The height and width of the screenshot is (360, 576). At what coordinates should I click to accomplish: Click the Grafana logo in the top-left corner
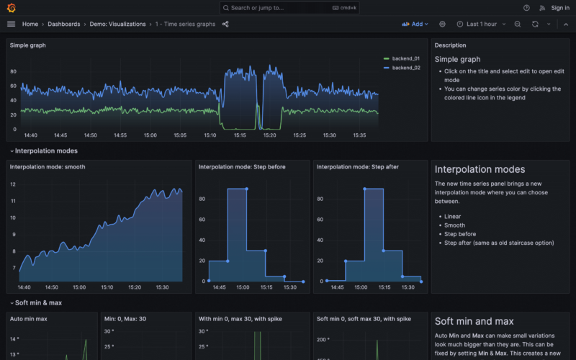[x=11, y=8]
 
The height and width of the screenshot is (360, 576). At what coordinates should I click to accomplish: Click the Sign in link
[x=559, y=8]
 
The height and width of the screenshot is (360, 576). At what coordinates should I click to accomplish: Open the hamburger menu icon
[x=11, y=24]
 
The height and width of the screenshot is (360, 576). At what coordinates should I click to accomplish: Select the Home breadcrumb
[x=30, y=24]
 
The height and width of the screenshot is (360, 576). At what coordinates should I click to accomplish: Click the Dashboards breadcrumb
[x=64, y=24]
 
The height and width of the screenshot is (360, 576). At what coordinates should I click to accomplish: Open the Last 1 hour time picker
[x=477, y=24]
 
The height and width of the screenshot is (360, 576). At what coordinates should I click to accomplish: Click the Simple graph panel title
[x=28, y=45]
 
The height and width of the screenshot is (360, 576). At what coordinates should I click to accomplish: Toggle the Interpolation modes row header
[x=46, y=151]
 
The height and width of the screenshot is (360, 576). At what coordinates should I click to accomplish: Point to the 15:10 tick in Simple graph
[x=210, y=135]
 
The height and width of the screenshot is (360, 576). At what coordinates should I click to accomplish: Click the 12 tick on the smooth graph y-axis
[x=12, y=184]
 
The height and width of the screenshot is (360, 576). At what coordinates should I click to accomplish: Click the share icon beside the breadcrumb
[x=225, y=24]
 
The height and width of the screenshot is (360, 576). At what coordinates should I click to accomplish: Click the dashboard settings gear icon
[x=442, y=24]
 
